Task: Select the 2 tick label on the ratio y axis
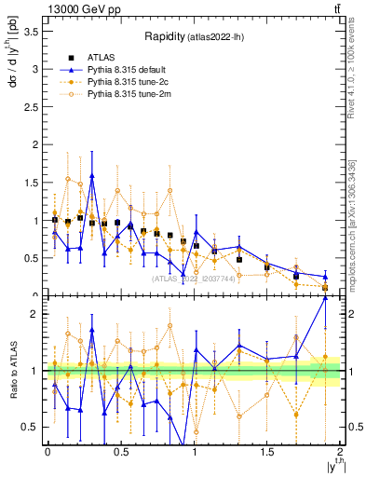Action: (x=34, y=314)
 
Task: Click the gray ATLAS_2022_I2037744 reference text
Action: (x=194, y=279)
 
